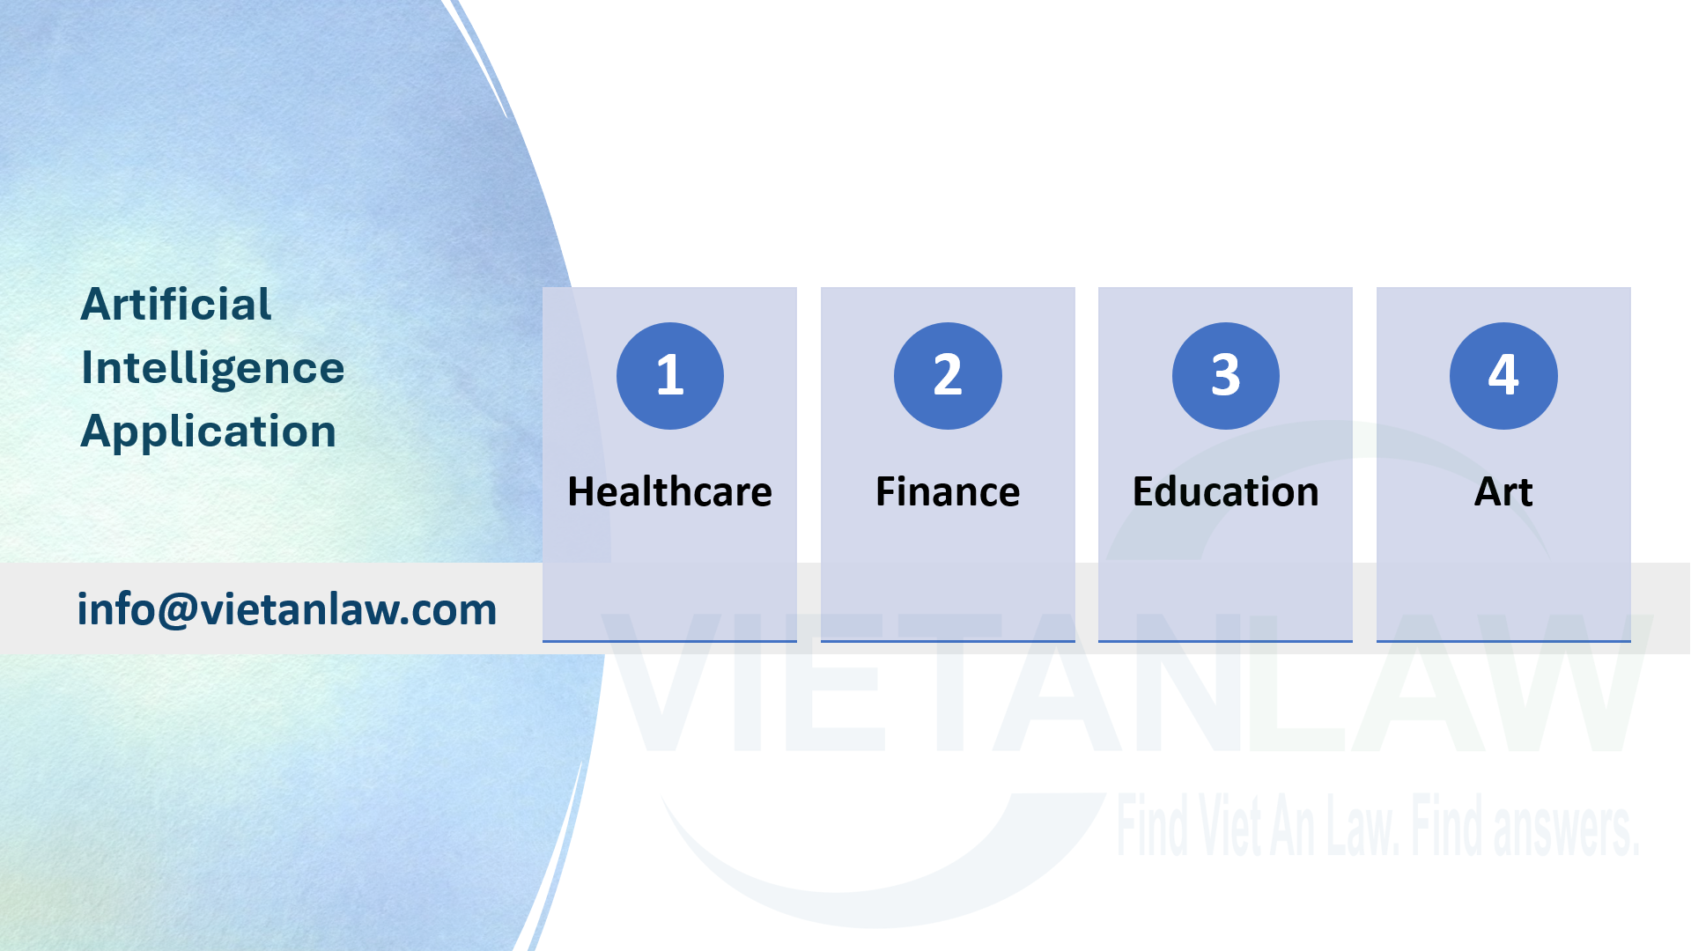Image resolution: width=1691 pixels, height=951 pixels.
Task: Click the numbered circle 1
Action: click(670, 376)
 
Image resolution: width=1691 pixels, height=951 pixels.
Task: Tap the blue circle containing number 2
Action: click(948, 376)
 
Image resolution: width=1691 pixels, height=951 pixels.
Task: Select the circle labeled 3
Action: click(1226, 376)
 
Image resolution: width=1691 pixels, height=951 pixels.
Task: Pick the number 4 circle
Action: click(1503, 376)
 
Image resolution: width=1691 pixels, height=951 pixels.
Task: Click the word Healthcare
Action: click(670, 491)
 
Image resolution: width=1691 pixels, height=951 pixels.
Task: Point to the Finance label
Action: click(948, 491)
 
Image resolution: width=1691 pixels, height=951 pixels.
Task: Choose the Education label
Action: click(1226, 491)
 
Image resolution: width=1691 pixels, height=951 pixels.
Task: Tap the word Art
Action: click(1503, 491)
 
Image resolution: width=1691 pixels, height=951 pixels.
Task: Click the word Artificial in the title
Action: click(176, 305)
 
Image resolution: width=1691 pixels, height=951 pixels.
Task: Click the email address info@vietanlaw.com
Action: click(287, 609)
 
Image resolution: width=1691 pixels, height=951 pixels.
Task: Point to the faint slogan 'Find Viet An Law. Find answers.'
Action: click(1378, 825)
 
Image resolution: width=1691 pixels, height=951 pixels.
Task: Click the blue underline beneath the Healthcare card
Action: click(669, 641)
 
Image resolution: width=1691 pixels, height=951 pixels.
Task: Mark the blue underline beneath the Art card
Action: click(1503, 641)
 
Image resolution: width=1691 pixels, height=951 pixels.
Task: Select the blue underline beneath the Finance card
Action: click(948, 641)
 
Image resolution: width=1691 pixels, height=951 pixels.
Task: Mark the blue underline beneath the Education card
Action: click(1225, 641)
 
